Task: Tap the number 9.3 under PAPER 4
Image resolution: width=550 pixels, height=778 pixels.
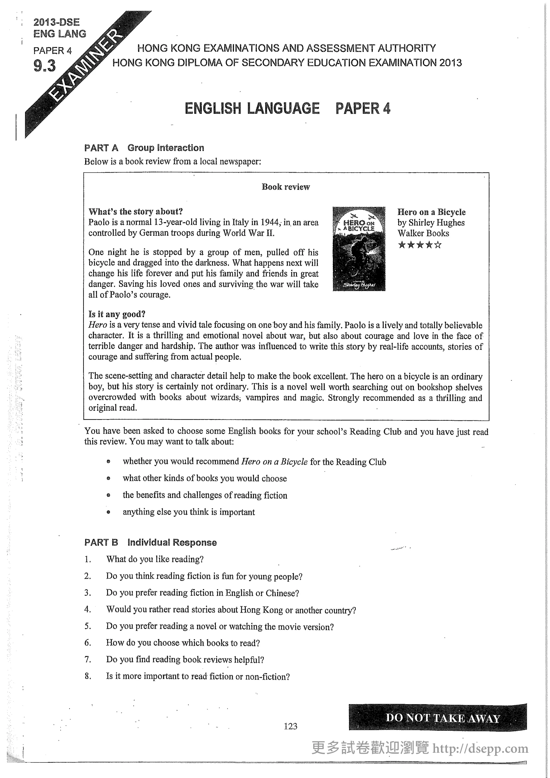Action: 44,66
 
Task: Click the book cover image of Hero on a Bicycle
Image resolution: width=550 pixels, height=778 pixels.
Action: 359,249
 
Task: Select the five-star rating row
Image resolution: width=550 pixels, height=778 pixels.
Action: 420,245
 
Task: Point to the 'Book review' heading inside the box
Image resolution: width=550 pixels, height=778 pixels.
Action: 286,187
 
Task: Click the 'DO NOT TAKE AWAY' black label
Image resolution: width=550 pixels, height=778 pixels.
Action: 442,718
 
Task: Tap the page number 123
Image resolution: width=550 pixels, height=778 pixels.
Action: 291,726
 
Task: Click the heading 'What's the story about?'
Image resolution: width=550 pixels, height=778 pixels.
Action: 135,212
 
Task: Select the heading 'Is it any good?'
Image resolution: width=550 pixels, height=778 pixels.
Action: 117,314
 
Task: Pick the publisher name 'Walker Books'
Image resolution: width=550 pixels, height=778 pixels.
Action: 423,233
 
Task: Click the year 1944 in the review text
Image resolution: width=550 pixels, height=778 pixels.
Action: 270,222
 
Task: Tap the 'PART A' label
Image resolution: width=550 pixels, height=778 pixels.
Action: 101,148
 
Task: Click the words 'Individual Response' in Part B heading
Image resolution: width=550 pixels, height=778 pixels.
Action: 172,542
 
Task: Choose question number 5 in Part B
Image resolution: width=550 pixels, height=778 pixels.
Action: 88,626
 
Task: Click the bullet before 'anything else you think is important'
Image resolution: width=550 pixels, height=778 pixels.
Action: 108,512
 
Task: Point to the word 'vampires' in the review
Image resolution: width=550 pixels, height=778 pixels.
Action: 262,397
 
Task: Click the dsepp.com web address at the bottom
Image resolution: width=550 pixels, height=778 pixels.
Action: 480,748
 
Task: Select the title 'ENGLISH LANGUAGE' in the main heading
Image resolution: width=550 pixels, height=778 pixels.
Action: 252,108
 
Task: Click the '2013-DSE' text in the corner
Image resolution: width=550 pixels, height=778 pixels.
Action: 57,22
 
